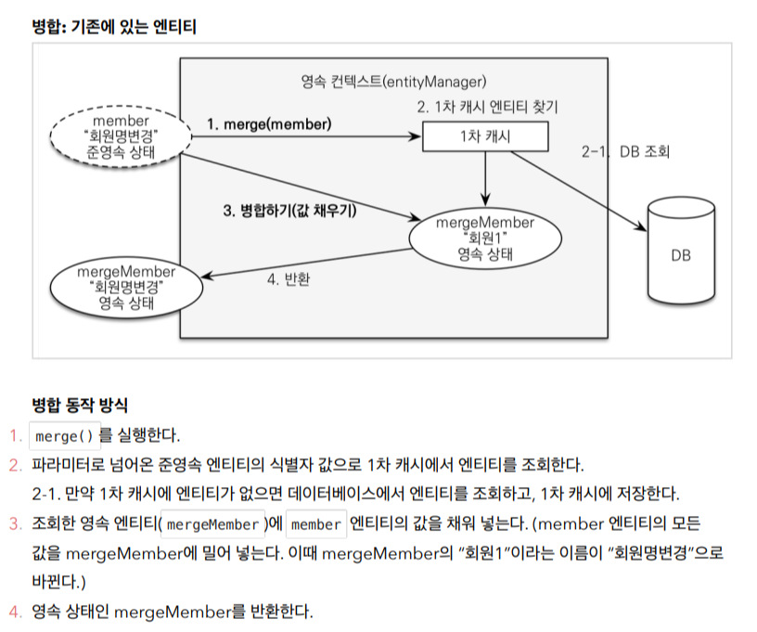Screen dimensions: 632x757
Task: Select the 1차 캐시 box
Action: pyautogui.click(x=485, y=138)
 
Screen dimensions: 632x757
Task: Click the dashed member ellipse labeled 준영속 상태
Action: pyautogui.click(x=121, y=137)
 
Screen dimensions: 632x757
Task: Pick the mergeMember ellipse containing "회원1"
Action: pyautogui.click(x=484, y=238)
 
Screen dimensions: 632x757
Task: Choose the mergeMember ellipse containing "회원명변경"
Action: pyautogui.click(x=126, y=287)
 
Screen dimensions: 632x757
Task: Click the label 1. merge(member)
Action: pyautogui.click(x=268, y=123)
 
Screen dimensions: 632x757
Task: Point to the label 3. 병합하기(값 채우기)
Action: pyautogui.click(x=290, y=210)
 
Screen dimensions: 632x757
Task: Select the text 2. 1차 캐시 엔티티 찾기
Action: pyautogui.click(x=486, y=107)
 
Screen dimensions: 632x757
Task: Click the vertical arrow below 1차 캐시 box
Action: pyautogui.click(x=485, y=179)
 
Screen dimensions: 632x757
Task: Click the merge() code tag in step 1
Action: pyautogui.click(x=63, y=435)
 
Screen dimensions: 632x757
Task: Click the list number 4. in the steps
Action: pyautogui.click(x=14, y=612)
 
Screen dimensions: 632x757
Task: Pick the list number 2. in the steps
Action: pyautogui.click(x=14, y=464)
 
